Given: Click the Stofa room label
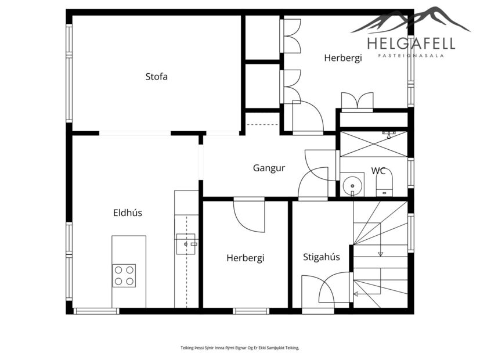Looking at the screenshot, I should (x=156, y=76).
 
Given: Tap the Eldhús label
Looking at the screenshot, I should (x=127, y=213).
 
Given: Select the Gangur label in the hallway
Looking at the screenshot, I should (x=269, y=168).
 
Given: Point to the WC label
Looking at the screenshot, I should (x=378, y=171).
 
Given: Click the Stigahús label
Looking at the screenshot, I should (x=321, y=257).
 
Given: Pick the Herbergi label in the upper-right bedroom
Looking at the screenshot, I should (x=342, y=57).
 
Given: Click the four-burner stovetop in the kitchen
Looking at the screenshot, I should (x=124, y=275).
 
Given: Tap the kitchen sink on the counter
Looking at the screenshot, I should (x=186, y=244).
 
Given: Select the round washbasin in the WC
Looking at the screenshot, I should (x=352, y=186).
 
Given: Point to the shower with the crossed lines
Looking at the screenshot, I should (x=374, y=143).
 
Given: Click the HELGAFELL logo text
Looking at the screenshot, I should (x=411, y=43).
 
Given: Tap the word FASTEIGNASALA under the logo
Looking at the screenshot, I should (x=411, y=56).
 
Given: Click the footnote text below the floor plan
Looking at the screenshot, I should (x=240, y=347).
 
